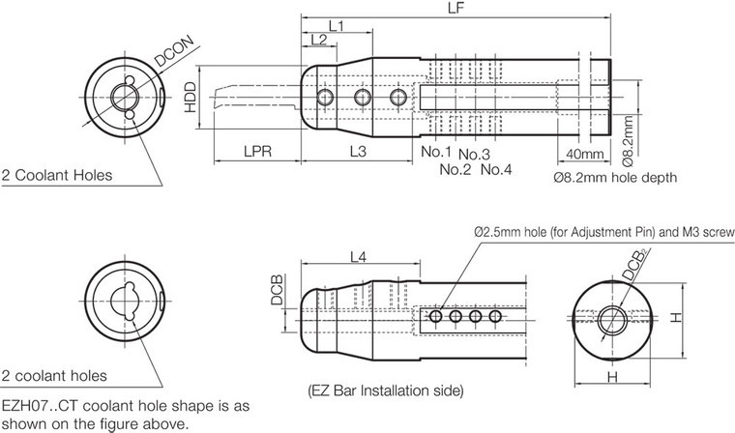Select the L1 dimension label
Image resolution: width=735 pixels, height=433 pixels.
(x=337, y=23)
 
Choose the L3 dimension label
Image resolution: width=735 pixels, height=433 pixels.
(x=356, y=153)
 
